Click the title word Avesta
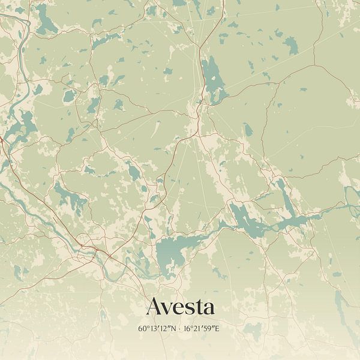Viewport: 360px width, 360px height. (180, 307)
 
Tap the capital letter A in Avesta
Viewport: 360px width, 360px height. (154, 307)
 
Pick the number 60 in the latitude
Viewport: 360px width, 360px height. (142, 329)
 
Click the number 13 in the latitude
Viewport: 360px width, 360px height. (152, 329)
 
